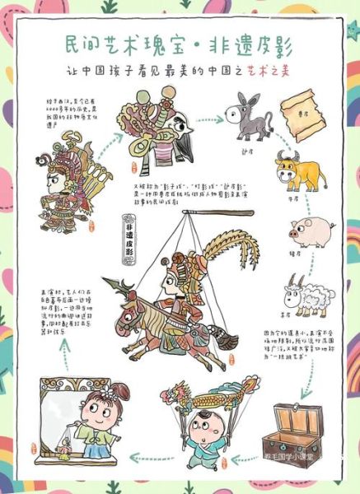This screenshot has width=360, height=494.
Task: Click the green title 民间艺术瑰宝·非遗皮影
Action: click(x=180, y=43)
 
